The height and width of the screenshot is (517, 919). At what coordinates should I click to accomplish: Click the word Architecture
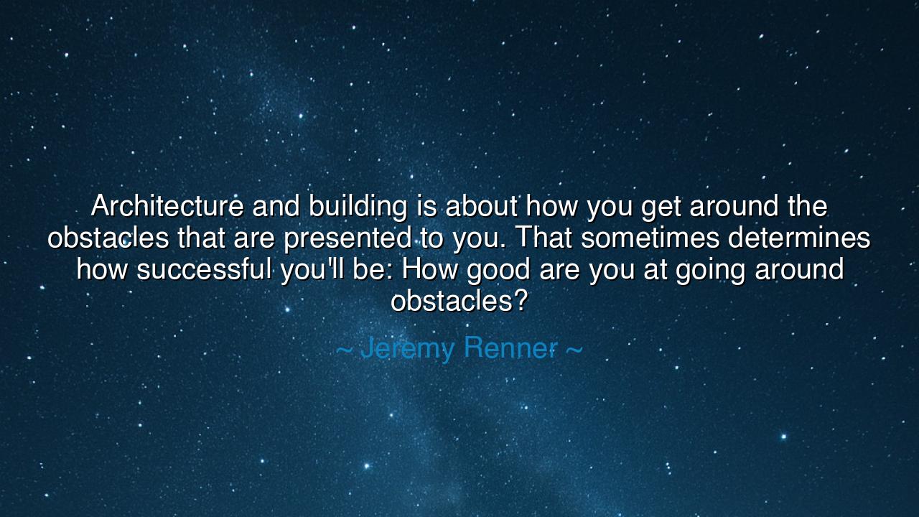pyautogui.click(x=167, y=207)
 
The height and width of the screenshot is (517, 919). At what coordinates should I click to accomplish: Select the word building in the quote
pyautogui.click(x=358, y=207)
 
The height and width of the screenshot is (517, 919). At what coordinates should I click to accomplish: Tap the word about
pyautogui.click(x=482, y=207)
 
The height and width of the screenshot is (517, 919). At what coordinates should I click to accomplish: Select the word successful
pyautogui.click(x=204, y=270)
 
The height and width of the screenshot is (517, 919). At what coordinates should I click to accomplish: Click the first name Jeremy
pyautogui.click(x=407, y=348)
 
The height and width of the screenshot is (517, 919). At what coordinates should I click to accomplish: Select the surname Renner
pyautogui.click(x=510, y=348)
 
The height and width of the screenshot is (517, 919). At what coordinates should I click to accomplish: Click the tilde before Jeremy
pyautogui.click(x=344, y=349)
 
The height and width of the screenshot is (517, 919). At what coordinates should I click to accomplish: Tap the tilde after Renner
pyautogui.click(x=574, y=349)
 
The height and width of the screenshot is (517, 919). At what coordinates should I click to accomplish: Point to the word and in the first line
pyautogui.click(x=276, y=207)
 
